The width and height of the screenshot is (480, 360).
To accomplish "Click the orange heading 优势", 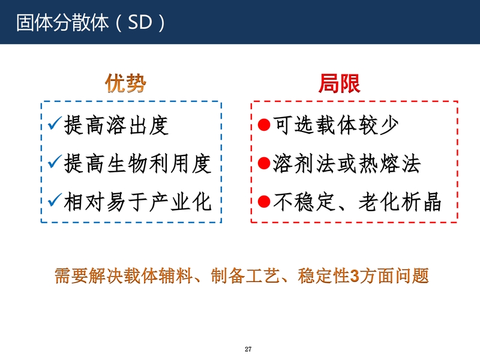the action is click(x=125, y=83).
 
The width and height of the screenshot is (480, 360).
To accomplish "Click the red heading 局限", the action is click(x=340, y=83).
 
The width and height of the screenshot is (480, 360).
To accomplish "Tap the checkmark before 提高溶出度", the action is click(x=55, y=123).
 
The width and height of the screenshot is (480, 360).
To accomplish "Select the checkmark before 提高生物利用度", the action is click(x=55, y=161).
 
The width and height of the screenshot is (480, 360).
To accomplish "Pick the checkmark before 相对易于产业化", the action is click(x=55, y=200).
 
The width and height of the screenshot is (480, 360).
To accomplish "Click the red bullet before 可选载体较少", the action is click(x=264, y=125).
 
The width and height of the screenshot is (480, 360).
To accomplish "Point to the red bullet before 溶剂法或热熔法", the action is click(x=264, y=163).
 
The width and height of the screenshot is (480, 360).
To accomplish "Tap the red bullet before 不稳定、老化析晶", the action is click(x=264, y=202).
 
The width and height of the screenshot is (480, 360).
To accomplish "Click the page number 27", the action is click(x=248, y=349).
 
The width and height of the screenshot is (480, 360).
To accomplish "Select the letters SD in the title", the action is click(x=140, y=22).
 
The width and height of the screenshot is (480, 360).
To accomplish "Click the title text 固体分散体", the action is click(x=62, y=23).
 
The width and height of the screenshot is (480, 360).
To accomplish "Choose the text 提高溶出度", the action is click(x=116, y=125).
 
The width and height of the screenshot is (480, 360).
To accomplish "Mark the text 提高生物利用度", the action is click(x=138, y=163).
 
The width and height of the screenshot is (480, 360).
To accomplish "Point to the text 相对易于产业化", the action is click(x=138, y=202).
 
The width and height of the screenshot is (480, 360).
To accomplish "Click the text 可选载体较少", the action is click(x=336, y=125).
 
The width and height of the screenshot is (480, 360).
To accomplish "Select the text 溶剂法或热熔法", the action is click(x=347, y=163).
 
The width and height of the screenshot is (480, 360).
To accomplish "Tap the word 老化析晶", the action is click(x=400, y=202).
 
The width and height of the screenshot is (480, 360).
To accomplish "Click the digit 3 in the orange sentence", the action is click(x=354, y=276).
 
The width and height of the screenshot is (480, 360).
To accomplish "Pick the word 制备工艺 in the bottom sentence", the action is click(x=245, y=276).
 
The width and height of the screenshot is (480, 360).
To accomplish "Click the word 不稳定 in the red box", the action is click(x=304, y=202).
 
